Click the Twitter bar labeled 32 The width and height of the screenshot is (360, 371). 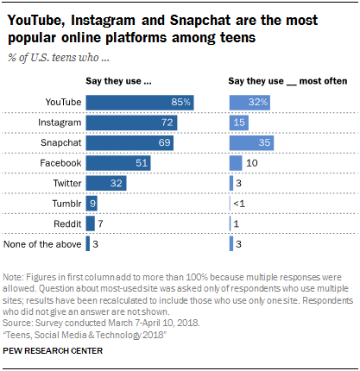(106, 183)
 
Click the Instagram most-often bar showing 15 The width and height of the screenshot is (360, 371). (239, 122)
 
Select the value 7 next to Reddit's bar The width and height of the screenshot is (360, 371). (101, 223)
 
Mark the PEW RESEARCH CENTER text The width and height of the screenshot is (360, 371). (56, 351)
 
